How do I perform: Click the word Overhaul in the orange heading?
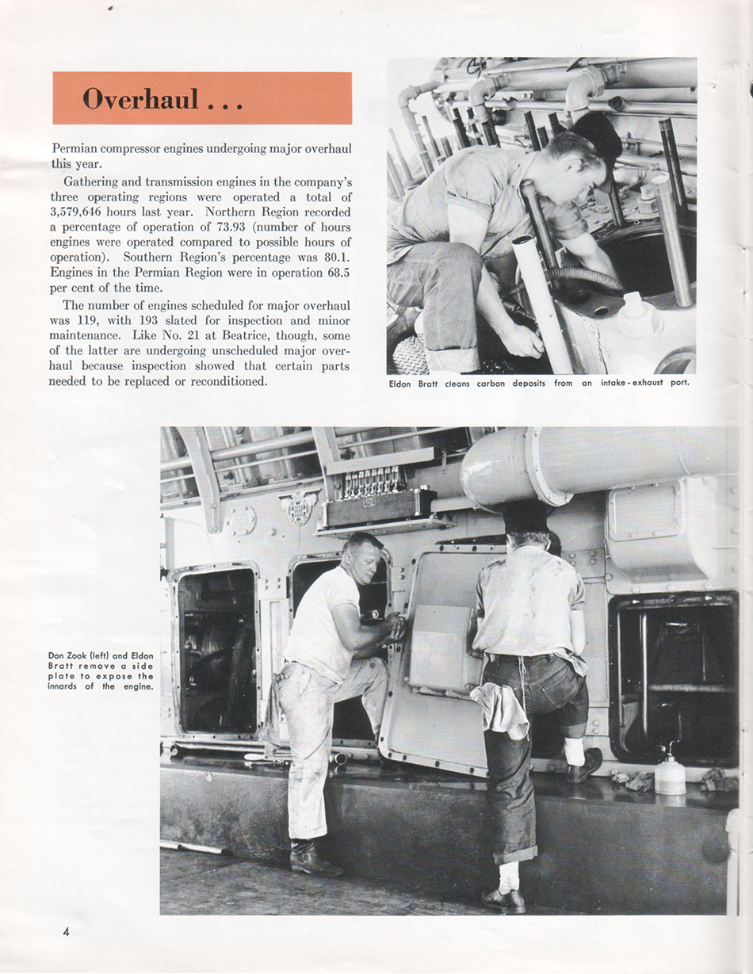click(x=140, y=99)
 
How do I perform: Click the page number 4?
click(x=67, y=931)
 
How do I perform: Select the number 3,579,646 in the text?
click(x=82, y=212)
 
